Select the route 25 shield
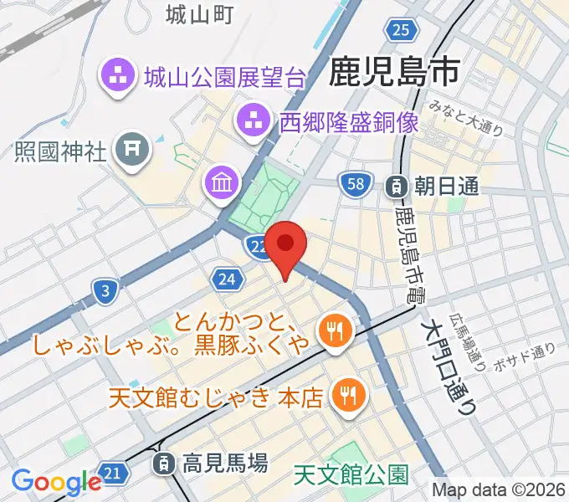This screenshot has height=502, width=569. [402, 31]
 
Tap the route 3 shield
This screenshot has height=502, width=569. [105, 291]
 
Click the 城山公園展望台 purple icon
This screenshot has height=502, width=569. [118, 78]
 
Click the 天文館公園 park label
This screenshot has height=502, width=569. [351, 476]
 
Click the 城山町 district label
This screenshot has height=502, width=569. [198, 14]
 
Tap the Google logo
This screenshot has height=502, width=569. [56, 482]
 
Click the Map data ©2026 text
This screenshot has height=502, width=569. [497, 489]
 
